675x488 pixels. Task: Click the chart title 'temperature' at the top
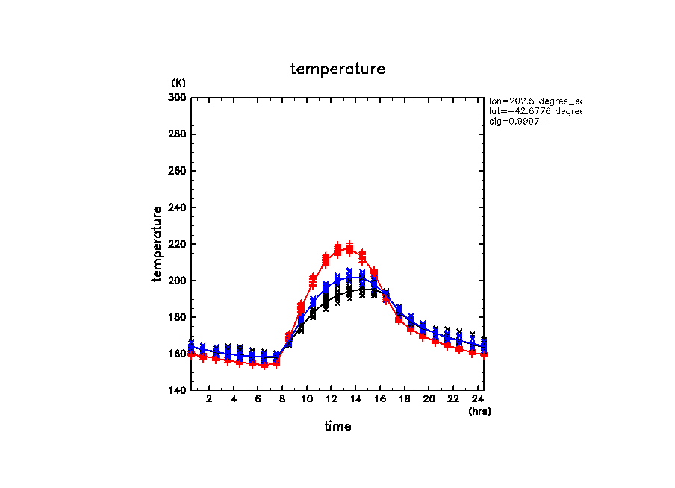tap(337, 69)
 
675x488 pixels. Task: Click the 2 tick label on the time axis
tap(209, 399)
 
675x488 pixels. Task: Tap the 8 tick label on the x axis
tap(282, 399)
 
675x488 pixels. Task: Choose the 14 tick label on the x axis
tap(355, 399)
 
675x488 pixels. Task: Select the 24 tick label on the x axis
tap(477, 399)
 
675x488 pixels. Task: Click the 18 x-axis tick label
tap(404, 399)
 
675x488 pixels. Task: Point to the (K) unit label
tap(178, 82)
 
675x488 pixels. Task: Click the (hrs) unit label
tap(479, 411)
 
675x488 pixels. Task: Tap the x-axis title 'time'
tap(337, 427)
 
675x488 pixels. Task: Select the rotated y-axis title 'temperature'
tap(158, 244)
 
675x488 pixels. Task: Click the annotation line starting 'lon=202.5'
tap(534, 101)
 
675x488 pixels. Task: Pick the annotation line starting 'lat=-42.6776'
tap(534, 111)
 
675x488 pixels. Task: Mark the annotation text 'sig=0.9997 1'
tap(519, 122)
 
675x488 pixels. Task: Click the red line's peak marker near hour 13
tap(349, 247)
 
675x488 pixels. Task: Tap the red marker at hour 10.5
tap(313, 281)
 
